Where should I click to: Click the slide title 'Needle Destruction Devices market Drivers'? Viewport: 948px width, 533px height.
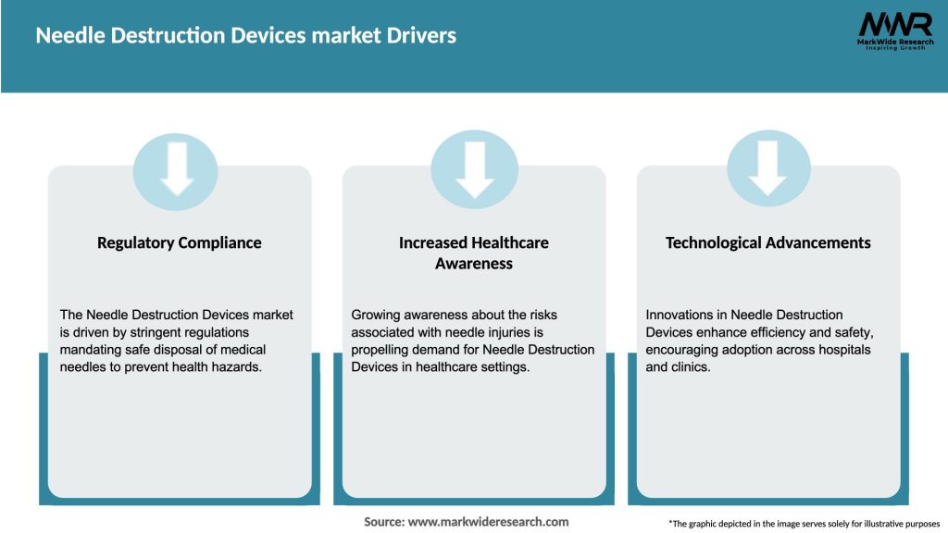coord(245,36)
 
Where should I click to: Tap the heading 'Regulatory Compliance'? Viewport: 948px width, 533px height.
coord(180,242)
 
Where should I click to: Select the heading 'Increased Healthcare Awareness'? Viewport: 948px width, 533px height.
coord(474,253)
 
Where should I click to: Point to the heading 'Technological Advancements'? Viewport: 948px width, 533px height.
coord(768,242)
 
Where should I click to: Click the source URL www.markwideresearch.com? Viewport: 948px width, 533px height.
coord(489,522)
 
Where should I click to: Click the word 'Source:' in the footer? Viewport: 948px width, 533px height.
coord(384,522)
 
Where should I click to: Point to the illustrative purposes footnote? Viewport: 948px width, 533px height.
coord(804,524)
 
